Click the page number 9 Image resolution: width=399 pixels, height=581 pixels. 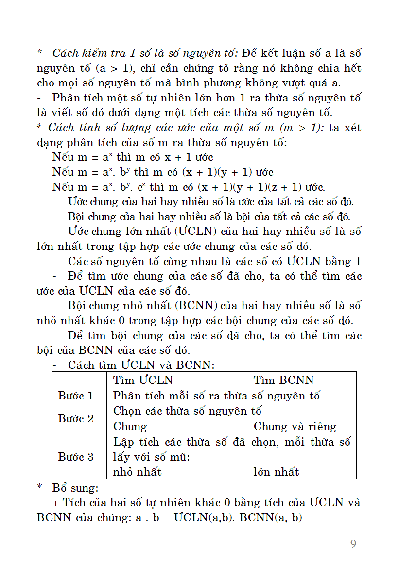tap(353, 544)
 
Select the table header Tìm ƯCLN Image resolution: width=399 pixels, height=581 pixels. tap(143, 380)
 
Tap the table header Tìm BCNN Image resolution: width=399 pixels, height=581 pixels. tap(284, 380)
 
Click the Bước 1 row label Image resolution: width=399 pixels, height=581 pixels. tap(76, 396)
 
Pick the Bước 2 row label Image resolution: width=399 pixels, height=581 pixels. tap(76, 418)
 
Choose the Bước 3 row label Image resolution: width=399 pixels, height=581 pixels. tap(76, 457)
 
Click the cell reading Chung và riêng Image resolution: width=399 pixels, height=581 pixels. tap(295, 427)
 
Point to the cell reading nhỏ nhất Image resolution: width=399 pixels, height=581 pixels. tap(137, 472)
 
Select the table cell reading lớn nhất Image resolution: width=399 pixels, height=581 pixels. tap(276, 472)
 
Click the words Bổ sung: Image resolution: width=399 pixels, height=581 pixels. tap(76, 487)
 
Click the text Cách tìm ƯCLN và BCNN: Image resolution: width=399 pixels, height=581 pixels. tap(141, 365)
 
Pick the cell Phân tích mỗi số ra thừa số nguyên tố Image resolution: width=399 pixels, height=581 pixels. tap(217, 396)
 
